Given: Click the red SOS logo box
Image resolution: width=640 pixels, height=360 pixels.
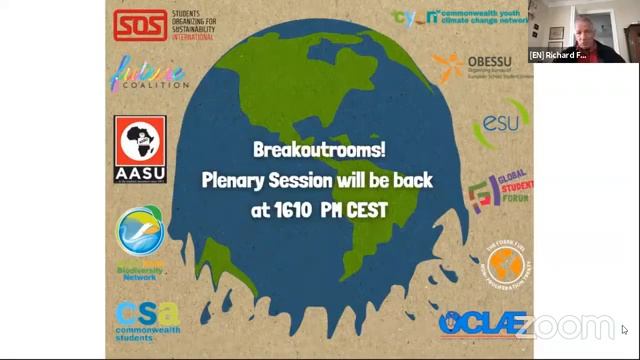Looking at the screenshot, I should tap(139, 25).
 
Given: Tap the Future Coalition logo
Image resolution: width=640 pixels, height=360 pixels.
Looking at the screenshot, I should tap(148, 75).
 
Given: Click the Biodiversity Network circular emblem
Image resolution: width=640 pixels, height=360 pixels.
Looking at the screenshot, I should tap(140, 232).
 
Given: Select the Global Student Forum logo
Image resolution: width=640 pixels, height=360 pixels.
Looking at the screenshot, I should tap(500, 190).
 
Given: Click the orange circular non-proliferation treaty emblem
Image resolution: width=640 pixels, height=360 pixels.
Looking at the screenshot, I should tap(504, 263).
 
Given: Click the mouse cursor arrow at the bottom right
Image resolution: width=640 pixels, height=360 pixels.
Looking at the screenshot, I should tap(624, 329).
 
